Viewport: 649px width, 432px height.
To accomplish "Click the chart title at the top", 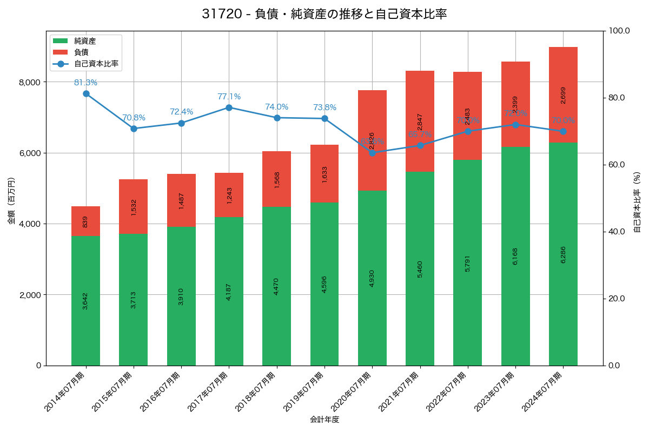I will click(x=325, y=14).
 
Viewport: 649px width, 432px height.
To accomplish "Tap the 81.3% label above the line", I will click(x=85, y=83).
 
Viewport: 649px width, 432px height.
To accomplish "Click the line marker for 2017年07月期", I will click(x=229, y=107).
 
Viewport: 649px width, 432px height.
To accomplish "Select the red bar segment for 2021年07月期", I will click(x=420, y=121).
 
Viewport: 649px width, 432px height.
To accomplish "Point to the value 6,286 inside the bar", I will click(x=563, y=254).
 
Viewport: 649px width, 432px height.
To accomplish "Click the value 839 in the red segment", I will click(x=85, y=221).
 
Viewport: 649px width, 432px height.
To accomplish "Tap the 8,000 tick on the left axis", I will click(x=30, y=82).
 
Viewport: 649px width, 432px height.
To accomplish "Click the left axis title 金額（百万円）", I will click(x=11, y=201).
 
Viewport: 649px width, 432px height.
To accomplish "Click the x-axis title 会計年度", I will click(x=325, y=420).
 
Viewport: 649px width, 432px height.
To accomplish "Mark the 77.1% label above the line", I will click(x=229, y=97).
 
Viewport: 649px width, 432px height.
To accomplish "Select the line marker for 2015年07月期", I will click(x=134, y=129).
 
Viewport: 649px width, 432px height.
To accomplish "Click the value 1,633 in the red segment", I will click(x=325, y=174).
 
